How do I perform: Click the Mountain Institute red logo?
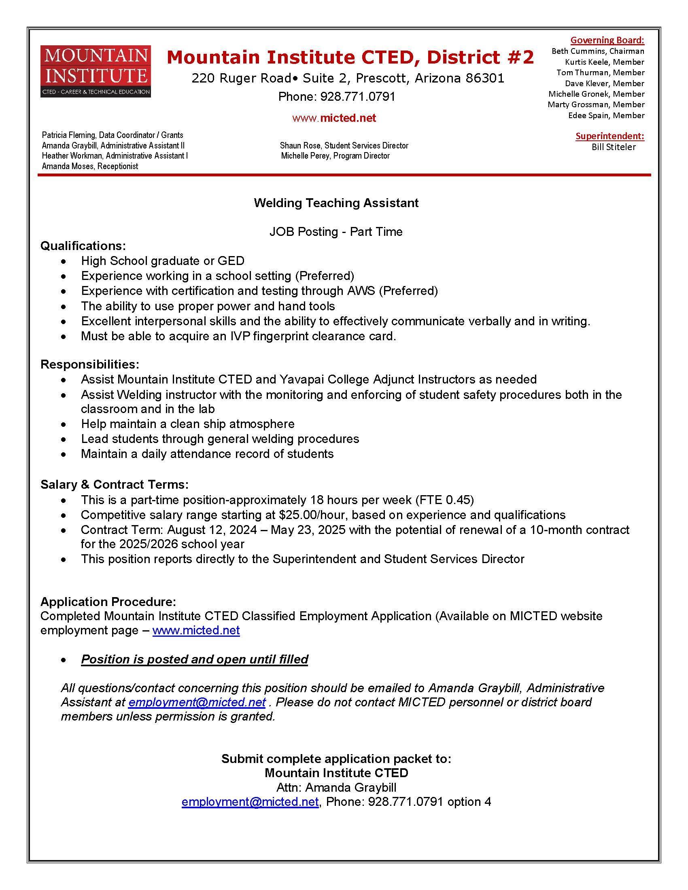[96, 71]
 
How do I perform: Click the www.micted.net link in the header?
[334, 118]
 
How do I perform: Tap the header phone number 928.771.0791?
[357, 97]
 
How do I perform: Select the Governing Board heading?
[607, 40]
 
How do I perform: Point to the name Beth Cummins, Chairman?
[597, 51]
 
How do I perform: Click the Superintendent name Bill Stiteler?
[614, 147]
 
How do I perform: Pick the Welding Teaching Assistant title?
[336, 203]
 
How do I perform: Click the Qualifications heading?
[83, 246]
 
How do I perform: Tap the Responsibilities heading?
[90, 364]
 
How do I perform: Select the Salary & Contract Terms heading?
[115, 484]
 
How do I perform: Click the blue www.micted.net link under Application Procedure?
[196, 630]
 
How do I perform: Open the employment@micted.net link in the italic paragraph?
[197, 702]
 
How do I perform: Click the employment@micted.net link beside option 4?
[250, 801]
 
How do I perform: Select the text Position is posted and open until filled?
[194, 659]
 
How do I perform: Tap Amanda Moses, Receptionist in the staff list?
[90, 166]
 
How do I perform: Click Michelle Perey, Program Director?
[335, 156]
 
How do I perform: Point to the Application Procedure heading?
[108, 602]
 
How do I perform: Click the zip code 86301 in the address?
[484, 78]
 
